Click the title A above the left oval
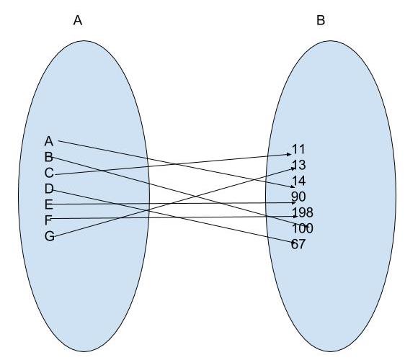78,20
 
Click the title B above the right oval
321,20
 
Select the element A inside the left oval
49,141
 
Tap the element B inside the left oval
48,157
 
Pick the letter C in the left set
49,173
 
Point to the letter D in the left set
49,189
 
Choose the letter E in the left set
48,204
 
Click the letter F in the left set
48,220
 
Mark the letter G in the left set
49,236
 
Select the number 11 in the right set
298,149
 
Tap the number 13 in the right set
299,165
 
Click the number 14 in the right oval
299,181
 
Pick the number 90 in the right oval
298,197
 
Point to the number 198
303,212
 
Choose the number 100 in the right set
303,228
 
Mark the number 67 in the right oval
298,244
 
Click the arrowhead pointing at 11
289,154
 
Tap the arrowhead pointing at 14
292,186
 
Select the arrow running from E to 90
172,204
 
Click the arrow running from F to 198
173,217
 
